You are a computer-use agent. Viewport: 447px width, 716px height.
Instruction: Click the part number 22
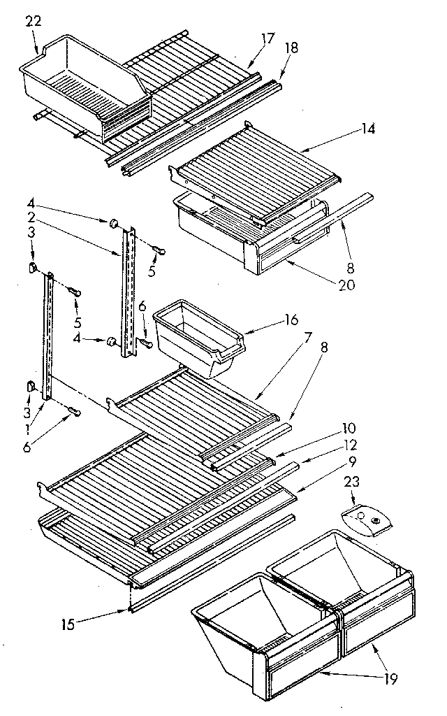pyautogui.click(x=33, y=21)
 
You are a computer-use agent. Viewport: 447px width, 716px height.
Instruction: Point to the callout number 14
pyautogui.click(x=368, y=129)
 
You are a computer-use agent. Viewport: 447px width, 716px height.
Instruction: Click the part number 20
pyautogui.click(x=346, y=285)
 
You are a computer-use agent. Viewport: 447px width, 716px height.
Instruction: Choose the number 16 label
pyautogui.click(x=291, y=320)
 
